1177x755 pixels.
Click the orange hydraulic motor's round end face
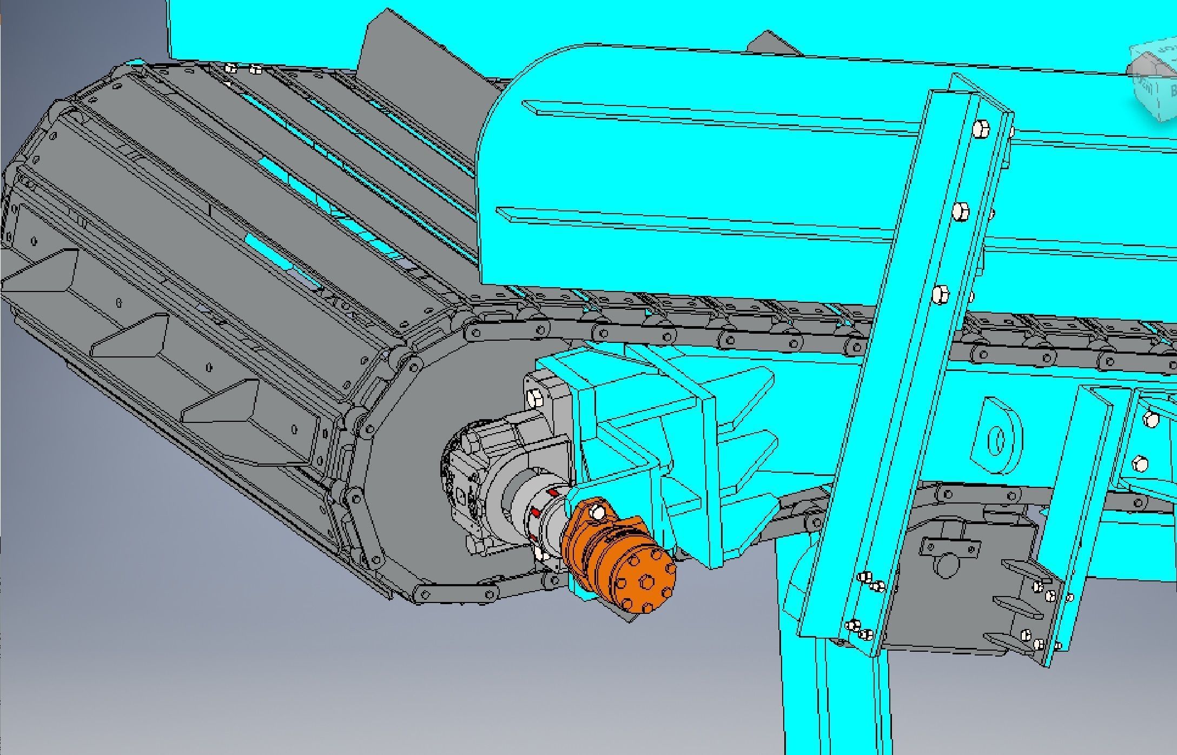coord(647,581)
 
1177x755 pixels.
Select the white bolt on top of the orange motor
coord(597,513)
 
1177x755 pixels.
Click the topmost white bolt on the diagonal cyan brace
coord(980,130)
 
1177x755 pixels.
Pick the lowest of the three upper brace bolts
coord(941,294)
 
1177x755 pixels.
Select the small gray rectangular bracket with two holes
coord(950,547)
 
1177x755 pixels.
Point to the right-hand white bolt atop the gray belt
coord(256,69)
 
